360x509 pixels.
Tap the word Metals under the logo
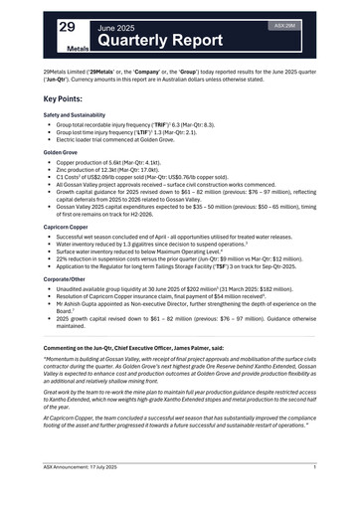[x=79, y=47]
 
